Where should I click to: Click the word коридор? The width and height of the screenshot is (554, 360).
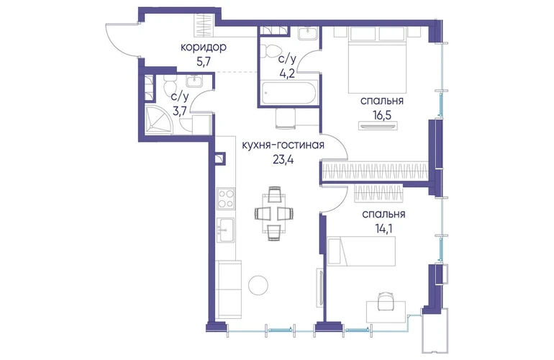point(203,47)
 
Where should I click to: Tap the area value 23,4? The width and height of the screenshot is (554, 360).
point(283,160)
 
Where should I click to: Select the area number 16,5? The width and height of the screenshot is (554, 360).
point(381,115)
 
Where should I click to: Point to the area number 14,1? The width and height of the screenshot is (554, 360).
point(383,228)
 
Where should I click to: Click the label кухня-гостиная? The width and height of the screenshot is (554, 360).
point(283,145)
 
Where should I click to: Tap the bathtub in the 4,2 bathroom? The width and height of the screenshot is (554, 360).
point(289,92)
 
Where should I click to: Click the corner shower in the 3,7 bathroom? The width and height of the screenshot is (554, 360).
point(159,120)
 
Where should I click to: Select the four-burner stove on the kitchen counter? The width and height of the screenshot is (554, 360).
point(225,199)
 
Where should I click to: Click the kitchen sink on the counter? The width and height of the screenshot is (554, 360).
point(225,230)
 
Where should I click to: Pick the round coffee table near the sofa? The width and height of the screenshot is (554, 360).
point(258,284)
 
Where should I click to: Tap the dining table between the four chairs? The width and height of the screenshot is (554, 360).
point(274,214)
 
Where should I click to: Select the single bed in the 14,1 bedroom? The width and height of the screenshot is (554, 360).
point(362,251)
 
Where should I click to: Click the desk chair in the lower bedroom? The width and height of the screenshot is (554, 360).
point(386,300)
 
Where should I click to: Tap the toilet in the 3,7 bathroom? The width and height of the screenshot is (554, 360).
point(171,85)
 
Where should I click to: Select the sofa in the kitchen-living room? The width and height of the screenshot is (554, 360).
point(229,289)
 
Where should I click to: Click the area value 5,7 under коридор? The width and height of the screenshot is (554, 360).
point(204,62)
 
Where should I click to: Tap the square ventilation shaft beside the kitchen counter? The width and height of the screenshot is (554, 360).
point(219,158)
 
